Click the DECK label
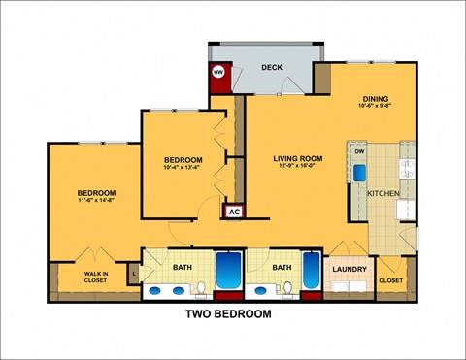click(272, 67)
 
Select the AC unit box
click(234, 211)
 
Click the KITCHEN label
click(383, 194)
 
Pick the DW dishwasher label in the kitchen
click(359, 152)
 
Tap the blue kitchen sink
click(359, 173)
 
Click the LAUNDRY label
click(348, 269)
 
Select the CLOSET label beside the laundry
click(391, 280)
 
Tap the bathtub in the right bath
click(312, 271)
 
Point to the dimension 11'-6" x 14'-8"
click(97, 201)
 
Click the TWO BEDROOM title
click(228, 314)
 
